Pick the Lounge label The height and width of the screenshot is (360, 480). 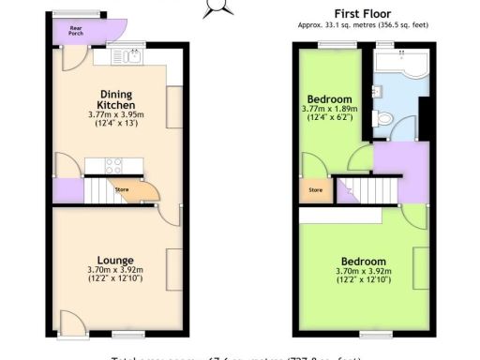(115, 260)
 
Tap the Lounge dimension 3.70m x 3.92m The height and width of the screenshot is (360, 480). (115, 274)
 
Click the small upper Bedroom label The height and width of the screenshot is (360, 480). (329, 99)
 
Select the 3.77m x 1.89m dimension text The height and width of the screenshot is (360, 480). (329, 113)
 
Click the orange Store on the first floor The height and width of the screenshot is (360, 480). (315, 192)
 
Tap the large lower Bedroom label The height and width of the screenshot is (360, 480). (363, 261)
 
